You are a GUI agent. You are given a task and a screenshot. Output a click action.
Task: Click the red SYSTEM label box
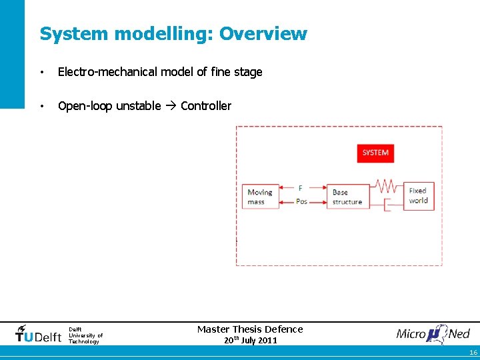click(375, 153)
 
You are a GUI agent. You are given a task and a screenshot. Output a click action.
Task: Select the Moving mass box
click(260, 197)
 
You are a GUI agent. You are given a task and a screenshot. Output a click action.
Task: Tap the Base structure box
click(347, 197)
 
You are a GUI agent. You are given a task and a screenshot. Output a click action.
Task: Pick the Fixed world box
click(418, 195)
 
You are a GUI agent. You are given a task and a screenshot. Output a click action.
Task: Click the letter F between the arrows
click(301, 189)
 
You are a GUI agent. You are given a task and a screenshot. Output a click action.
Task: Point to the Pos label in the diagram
click(301, 201)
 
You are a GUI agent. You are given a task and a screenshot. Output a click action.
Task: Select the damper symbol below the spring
click(387, 203)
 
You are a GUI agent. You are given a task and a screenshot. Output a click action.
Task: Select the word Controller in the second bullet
click(206, 106)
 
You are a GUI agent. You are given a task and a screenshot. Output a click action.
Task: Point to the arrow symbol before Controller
click(171, 106)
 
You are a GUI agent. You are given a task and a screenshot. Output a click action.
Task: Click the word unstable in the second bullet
click(139, 106)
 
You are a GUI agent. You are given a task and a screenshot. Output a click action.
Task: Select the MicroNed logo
click(433, 333)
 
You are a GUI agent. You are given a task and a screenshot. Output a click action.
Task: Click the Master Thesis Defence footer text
click(250, 329)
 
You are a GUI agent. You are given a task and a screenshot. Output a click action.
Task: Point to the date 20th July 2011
click(250, 341)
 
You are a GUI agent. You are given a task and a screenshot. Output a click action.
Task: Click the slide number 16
click(473, 353)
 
